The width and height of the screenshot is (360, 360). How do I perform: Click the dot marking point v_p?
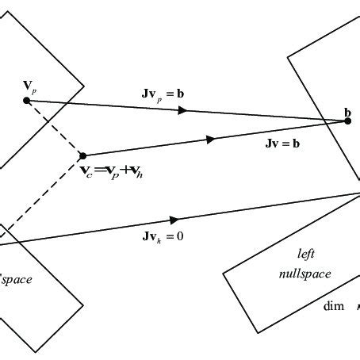coord(27,100)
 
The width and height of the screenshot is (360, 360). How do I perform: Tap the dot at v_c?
coord(84,155)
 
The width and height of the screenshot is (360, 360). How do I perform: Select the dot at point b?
coord(347,121)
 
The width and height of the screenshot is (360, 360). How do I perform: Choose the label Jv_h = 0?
coord(163,235)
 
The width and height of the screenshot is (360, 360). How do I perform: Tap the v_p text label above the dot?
coord(28,83)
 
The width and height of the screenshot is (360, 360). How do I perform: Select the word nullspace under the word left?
coord(304,274)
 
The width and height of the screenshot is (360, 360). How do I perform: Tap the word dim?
coord(333,306)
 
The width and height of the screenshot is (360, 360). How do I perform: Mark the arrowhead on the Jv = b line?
coord(212,139)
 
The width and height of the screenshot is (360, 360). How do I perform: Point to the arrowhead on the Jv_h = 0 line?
coord(174,219)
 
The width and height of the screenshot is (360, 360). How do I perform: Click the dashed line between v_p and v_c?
coord(56,128)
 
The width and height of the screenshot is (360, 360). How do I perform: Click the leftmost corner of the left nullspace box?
coord(224,274)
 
